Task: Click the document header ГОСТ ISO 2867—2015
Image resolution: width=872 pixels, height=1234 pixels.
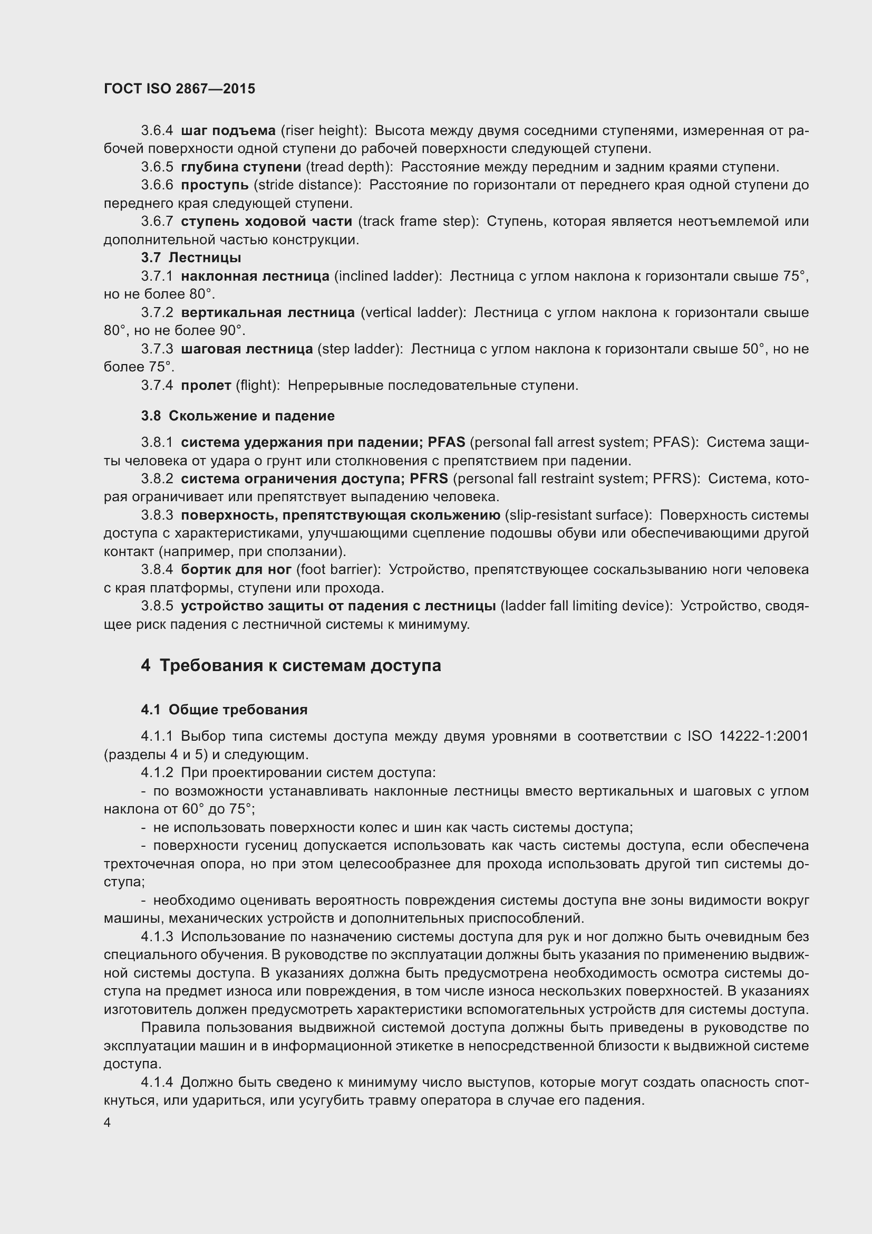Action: [179, 89]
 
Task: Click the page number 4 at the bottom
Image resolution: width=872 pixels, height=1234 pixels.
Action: [108, 1123]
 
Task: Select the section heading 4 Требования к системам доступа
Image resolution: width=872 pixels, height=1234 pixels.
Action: [291, 665]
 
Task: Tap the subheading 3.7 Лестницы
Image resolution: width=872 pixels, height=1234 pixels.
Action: [191, 257]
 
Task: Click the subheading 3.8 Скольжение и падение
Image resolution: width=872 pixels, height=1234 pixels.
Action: [238, 415]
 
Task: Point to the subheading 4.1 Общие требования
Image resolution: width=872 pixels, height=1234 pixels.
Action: [225, 710]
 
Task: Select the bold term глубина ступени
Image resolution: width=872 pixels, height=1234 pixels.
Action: [240, 167]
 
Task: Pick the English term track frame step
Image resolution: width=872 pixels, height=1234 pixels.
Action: [418, 222]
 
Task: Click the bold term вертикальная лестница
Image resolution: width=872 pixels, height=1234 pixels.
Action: [267, 312]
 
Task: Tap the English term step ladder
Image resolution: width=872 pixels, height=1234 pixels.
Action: [359, 349]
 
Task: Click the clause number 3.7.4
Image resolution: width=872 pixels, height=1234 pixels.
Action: [157, 385]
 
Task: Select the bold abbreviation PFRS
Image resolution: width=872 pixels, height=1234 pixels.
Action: [429, 479]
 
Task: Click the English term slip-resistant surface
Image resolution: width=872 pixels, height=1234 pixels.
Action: [578, 515]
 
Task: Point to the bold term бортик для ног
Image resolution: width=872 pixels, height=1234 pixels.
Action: [236, 570]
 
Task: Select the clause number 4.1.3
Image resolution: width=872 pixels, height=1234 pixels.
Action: [157, 937]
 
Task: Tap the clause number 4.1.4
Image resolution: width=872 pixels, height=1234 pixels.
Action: [157, 1083]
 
